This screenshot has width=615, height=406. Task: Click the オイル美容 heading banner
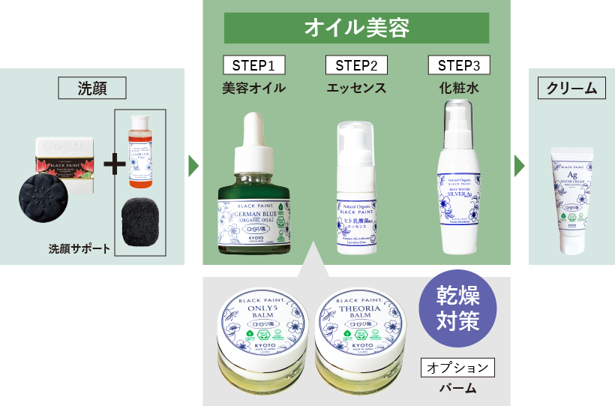pos(356,29)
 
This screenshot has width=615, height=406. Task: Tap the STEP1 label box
pos(253,65)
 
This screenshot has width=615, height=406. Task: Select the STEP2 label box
pos(356,65)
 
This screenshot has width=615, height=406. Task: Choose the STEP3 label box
pos(458,65)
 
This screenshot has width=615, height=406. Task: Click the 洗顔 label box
pos(92,88)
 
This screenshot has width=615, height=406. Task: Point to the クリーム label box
pos(571,88)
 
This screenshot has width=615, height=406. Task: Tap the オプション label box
pos(458,368)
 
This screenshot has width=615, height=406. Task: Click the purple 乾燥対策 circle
pos(458,308)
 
